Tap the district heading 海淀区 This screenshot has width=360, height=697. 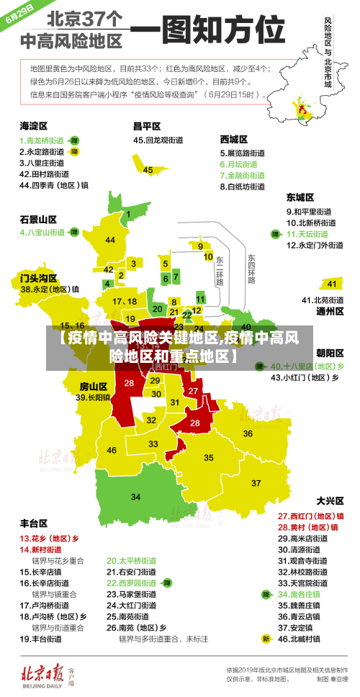point(33,125)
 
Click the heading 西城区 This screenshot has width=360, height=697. point(233,139)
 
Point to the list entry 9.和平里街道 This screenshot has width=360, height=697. point(309,212)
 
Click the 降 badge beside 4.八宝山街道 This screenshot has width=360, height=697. point(73,233)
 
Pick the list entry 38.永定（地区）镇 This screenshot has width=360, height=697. point(50,289)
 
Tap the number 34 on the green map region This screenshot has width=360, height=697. point(135,497)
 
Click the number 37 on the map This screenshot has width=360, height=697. point(256,482)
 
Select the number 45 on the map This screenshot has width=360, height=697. point(148,170)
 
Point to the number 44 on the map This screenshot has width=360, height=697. point(110,240)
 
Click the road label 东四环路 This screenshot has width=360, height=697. point(251,268)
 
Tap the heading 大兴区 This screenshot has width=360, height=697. point(330,500)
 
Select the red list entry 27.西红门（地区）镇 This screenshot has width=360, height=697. point(310,516)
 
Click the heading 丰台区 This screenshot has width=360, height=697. point(33,523)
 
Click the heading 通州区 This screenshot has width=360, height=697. point(330,312)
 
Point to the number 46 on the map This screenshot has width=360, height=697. point(112,450)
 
